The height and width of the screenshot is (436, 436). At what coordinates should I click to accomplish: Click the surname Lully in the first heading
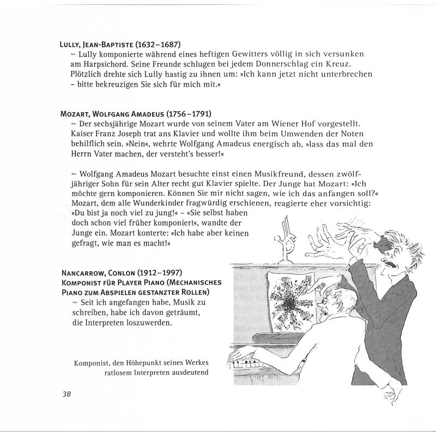[x=73, y=44]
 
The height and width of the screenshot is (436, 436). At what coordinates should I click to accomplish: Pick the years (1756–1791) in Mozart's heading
[x=185, y=114]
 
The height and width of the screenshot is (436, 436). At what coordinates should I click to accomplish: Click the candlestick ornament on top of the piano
[x=283, y=240]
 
